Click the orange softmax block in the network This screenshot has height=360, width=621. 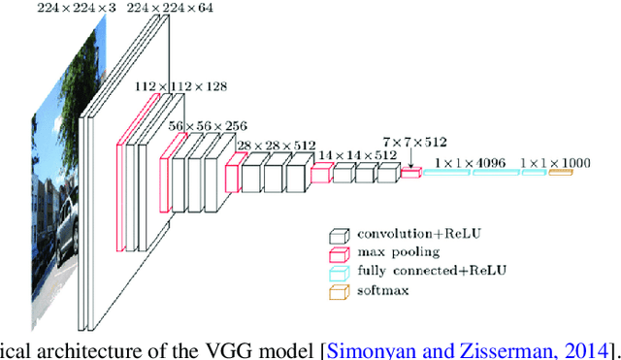pos(560,173)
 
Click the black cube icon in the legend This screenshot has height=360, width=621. pos(339,235)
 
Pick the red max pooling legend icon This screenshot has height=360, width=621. pos(339,252)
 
